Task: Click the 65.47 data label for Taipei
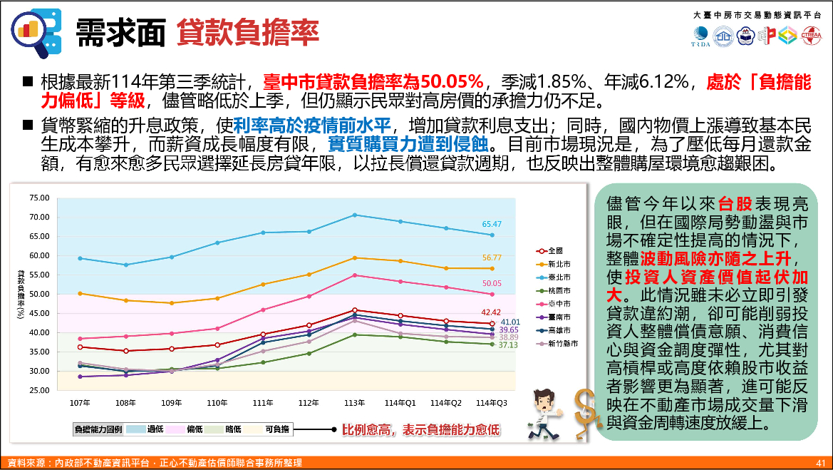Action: [492, 224]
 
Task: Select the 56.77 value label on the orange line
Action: [492, 257]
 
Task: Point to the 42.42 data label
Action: [492, 312]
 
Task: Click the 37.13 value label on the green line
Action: [508, 345]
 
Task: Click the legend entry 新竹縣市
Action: [562, 343]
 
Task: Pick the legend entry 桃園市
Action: [559, 291]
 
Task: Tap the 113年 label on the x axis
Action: [355, 403]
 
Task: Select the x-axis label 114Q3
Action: [492, 403]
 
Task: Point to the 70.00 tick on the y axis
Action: [39, 217]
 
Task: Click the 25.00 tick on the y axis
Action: [39, 391]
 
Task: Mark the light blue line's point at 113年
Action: [355, 215]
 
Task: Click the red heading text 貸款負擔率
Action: [247, 31]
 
